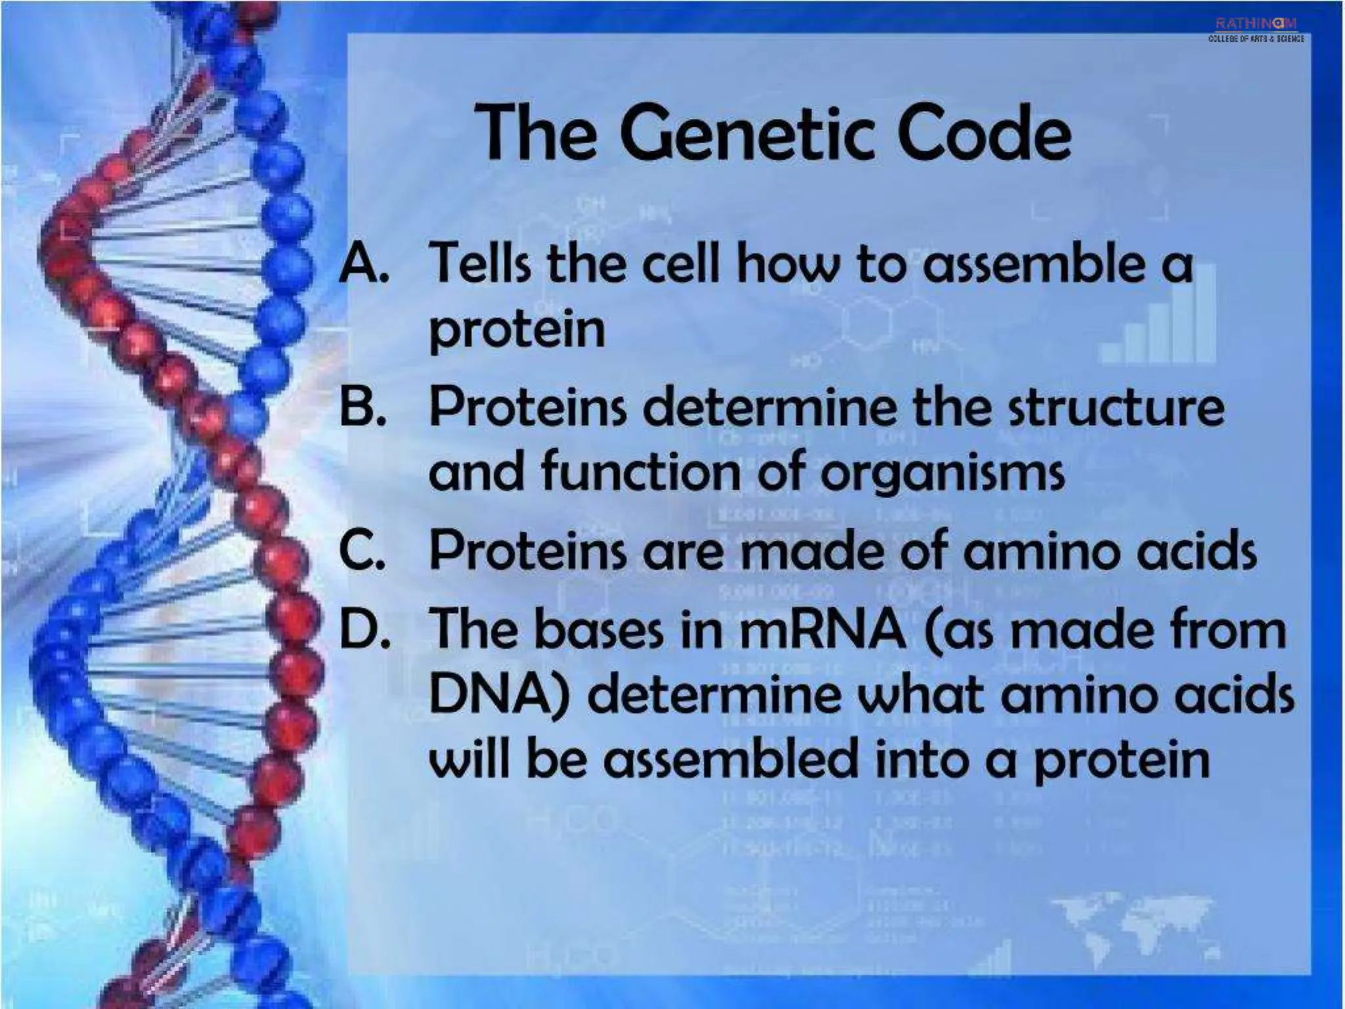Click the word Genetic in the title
click(747, 135)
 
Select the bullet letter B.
click(362, 407)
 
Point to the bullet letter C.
click(361, 550)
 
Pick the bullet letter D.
click(363, 629)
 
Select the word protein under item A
click(517, 330)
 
